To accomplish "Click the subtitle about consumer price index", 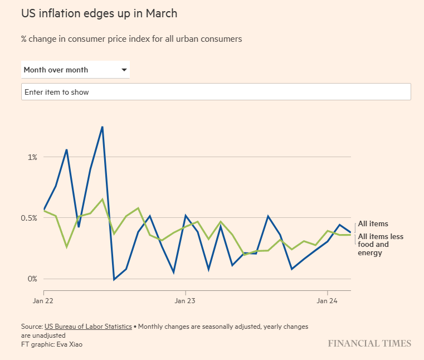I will tap(131, 39).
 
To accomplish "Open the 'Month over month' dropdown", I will tap(75, 70).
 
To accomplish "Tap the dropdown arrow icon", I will tap(124, 70).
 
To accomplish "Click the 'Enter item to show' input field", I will tap(216, 92).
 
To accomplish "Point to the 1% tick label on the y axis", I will tap(32, 157).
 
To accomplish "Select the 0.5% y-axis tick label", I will tap(29, 218).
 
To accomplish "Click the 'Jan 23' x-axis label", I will tap(186, 301).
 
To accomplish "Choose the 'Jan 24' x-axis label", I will tap(328, 301).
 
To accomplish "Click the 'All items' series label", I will tap(373, 224).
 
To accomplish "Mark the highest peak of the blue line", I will tap(102, 127).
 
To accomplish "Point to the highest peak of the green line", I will tap(102, 199).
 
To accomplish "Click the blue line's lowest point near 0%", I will tap(114, 279).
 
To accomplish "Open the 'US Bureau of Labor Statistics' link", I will tap(87, 326).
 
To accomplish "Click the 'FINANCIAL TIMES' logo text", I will tap(369, 343).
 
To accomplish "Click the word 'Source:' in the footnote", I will tap(32, 326).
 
